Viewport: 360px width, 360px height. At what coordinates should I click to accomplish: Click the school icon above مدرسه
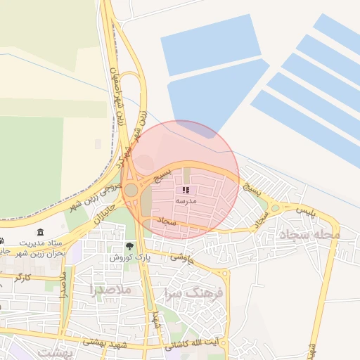click(186, 191)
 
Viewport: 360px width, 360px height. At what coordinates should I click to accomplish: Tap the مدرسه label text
click(186, 201)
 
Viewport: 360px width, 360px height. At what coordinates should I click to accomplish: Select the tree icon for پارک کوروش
click(129, 246)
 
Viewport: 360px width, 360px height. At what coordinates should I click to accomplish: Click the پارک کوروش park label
click(125, 257)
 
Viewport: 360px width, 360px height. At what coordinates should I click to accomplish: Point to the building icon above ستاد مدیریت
click(39, 233)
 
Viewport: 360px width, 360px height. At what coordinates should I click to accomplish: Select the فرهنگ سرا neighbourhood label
click(194, 292)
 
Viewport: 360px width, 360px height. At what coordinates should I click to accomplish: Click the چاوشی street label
click(181, 257)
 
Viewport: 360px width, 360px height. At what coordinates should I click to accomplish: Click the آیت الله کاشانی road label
click(191, 345)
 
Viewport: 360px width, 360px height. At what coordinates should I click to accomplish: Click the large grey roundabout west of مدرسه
click(131, 189)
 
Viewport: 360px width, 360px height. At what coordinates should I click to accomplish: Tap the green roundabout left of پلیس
click(275, 207)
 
